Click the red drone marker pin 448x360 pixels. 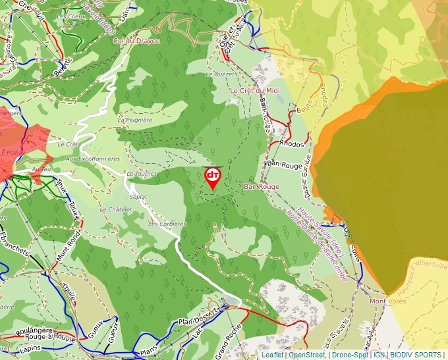(x=213, y=176)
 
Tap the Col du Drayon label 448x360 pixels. (x=136, y=41)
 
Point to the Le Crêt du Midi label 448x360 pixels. (x=255, y=90)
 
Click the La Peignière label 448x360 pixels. (x=134, y=120)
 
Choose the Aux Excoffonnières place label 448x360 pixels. (x=93, y=159)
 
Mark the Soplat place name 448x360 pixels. (x=138, y=196)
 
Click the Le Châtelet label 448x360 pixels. (x=116, y=209)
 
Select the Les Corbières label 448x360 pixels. (x=167, y=224)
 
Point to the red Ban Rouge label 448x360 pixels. (x=262, y=187)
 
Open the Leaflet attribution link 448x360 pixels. (x=272, y=355)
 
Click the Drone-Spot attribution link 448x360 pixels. (x=350, y=355)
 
